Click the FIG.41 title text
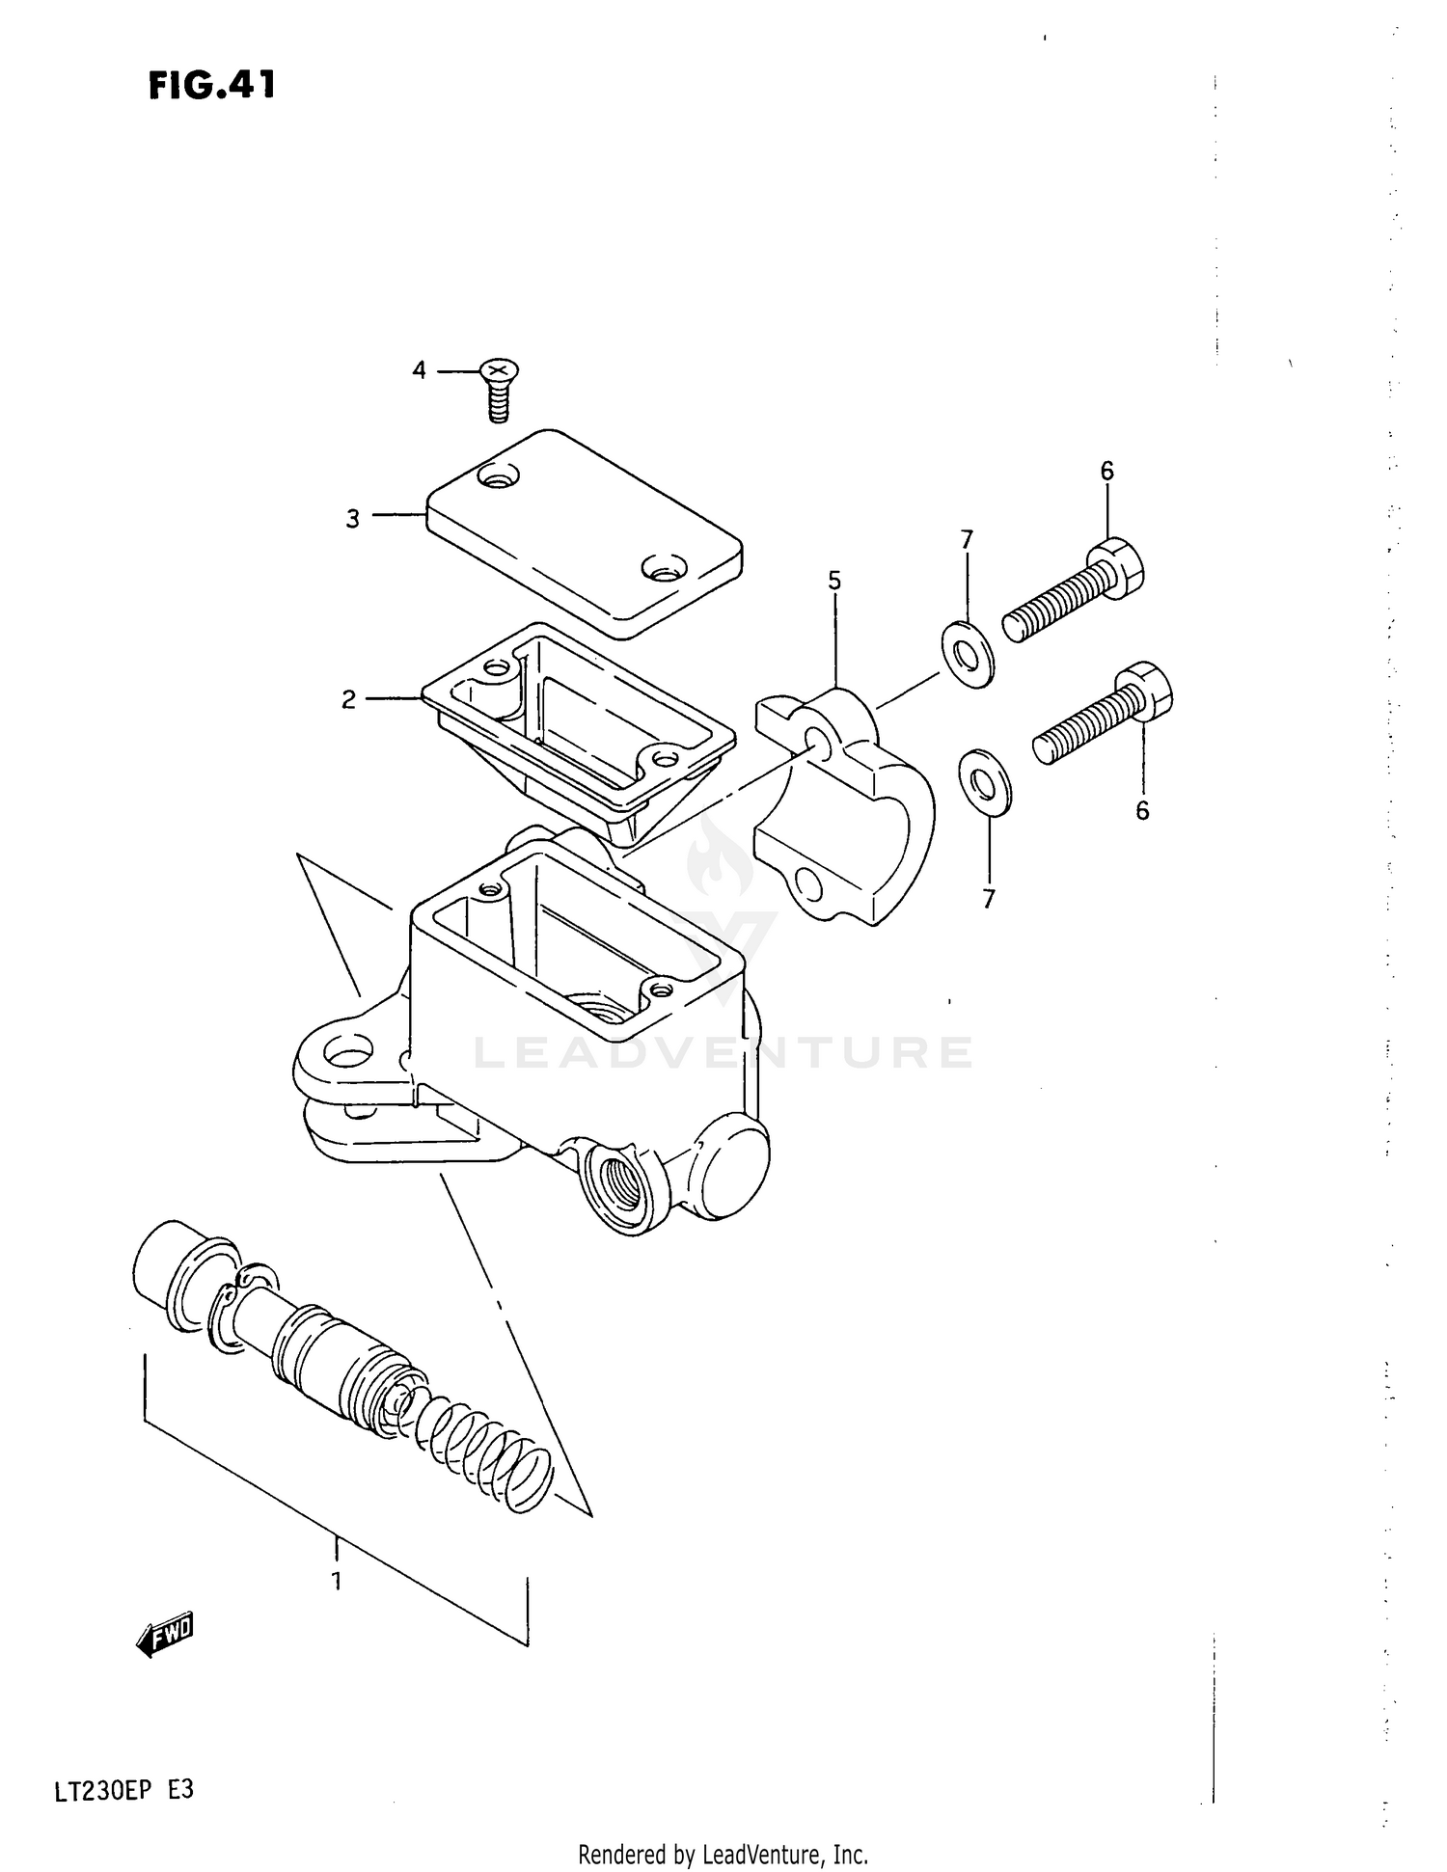tap(212, 85)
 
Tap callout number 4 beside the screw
tap(419, 369)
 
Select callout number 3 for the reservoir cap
tap(353, 519)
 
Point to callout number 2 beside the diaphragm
tap(348, 699)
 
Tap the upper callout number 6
tap(1106, 471)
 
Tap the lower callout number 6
tap(1142, 811)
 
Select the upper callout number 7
tap(967, 540)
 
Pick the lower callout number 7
tap(988, 899)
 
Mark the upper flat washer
tap(967, 655)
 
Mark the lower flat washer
tap(984, 779)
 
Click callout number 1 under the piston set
tap(336, 1582)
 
